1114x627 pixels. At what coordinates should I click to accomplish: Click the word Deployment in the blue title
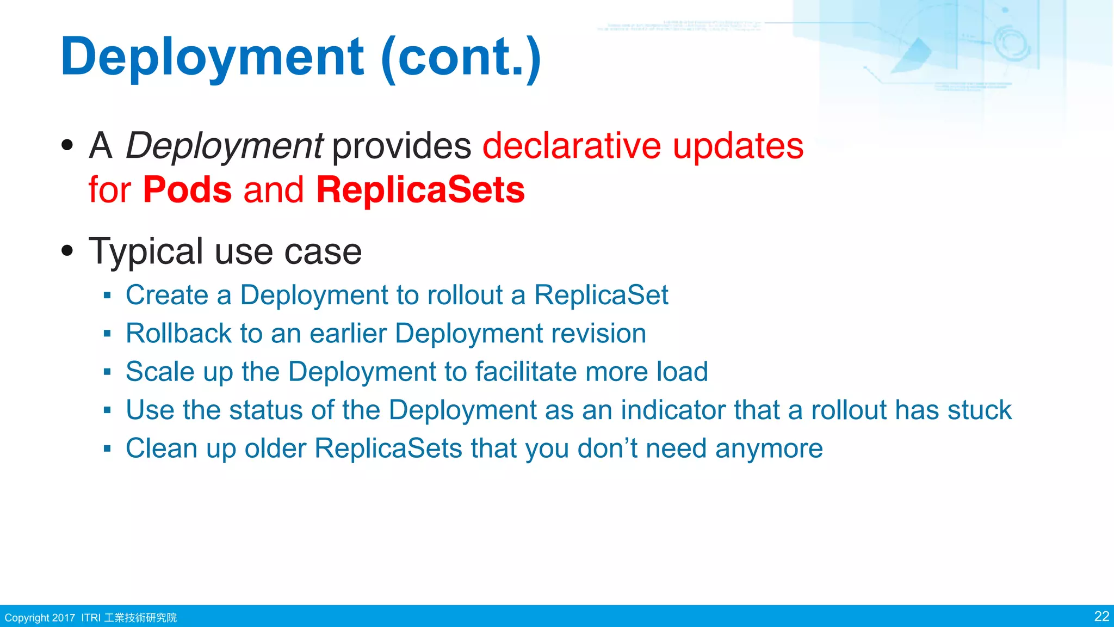pyautogui.click(x=212, y=57)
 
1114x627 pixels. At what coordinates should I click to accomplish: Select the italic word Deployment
pyautogui.click(x=224, y=146)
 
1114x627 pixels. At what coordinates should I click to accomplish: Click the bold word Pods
pyautogui.click(x=187, y=190)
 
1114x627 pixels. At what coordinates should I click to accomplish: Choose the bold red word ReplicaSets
pyautogui.click(x=420, y=190)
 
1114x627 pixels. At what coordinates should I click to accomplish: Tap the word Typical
pyautogui.click(x=146, y=252)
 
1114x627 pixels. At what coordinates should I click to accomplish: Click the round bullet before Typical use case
pyautogui.click(x=67, y=251)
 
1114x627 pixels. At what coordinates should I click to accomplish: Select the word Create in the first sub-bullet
pyautogui.click(x=167, y=295)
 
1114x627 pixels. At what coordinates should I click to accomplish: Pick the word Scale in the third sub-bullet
pyautogui.click(x=160, y=372)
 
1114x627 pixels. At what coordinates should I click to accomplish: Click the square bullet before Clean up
pyautogui.click(x=107, y=449)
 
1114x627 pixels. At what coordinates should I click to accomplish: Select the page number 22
pyautogui.click(x=1101, y=616)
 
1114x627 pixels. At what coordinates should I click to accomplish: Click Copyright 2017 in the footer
pyautogui.click(x=40, y=618)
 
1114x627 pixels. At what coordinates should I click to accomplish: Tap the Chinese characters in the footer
pyautogui.click(x=140, y=618)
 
